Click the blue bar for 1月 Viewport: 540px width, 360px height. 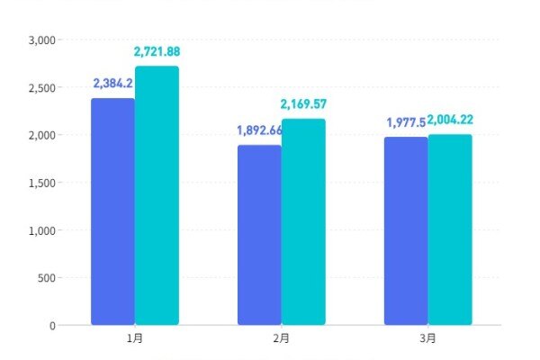point(112,211)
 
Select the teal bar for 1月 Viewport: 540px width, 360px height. point(157,195)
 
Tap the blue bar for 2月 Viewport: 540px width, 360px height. point(259,235)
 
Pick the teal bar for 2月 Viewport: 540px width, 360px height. point(303,221)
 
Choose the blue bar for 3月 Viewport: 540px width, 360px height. point(406,230)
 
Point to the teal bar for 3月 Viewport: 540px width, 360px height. point(450,229)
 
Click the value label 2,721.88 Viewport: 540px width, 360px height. point(157,52)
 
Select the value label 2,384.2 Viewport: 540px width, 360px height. point(113,84)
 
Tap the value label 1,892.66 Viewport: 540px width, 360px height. point(259,130)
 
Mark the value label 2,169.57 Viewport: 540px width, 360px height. point(303,104)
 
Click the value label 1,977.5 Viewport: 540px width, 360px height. point(406,122)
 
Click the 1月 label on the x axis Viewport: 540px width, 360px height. point(135,339)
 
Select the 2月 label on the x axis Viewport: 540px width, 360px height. point(282,339)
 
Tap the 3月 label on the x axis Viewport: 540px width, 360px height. point(428,339)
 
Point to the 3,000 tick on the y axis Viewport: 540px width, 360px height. point(42,40)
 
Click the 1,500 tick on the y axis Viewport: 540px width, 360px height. point(42,183)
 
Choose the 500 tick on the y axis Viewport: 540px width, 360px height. point(47,278)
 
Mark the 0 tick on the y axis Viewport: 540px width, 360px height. point(52,325)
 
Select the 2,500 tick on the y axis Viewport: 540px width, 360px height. point(42,88)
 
